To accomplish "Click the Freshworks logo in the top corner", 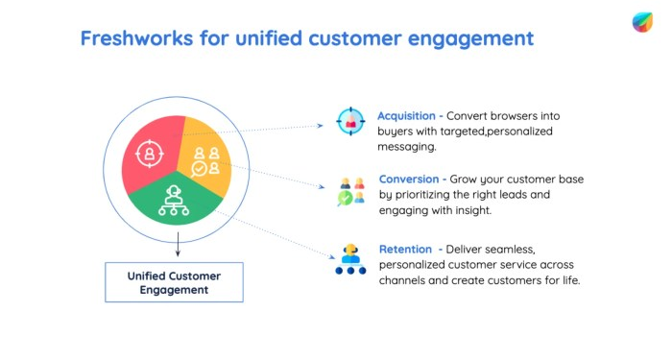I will pyautogui.click(x=642, y=22).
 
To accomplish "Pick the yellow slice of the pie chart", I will pyautogui.click(x=207, y=158).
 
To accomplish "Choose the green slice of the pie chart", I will pyautogui.click(x=177, y=200).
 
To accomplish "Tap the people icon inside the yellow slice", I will pyautogui.click(x=206, y=160).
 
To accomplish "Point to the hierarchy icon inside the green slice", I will pyautogui.click(x=174, y=199).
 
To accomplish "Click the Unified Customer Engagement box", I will pyautogui.click(x=174, y=282).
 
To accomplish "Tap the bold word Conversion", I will pyautogui.click(x=409, y=179).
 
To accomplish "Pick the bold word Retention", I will pyautogui.click(x=405, y=250).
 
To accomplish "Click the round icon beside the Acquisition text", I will pyautogui.click(x=350, y=122).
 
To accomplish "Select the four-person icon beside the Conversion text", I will pyautogui.click(x=350, y=191).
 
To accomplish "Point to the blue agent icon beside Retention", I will pyautogui.click(x=350, y=259).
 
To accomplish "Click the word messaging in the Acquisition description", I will pyautogui.click(x=408, y=147).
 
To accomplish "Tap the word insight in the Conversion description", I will pyautogui.click(x=468, y=209).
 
